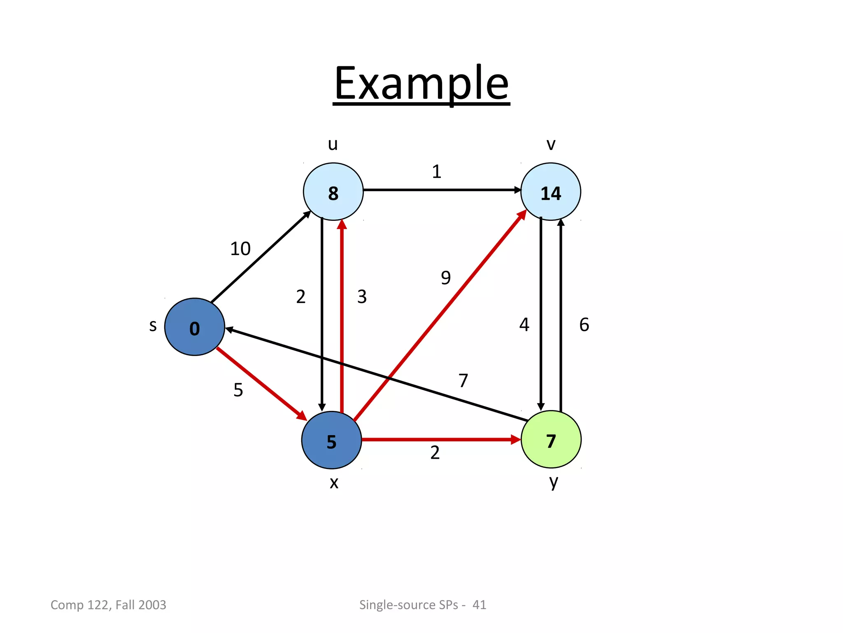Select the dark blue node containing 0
(194, 327)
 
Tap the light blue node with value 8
(333, 192)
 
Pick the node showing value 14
(550, 192)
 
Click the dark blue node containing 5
(331, 440)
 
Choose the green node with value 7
(551, 439)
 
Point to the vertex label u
(333, 144)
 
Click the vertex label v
(551, 144)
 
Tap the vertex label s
(153, 326)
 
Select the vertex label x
(334, 482)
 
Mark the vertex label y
(554, 481)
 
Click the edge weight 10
(240, 249)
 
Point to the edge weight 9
(446, 277)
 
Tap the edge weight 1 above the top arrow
(437, 171)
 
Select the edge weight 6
(584, 325)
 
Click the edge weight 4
(524, 325)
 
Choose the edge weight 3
(362, 297)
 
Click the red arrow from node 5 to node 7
(440, 440)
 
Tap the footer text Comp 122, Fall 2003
(108, 605)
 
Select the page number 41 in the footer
(479, 605)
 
